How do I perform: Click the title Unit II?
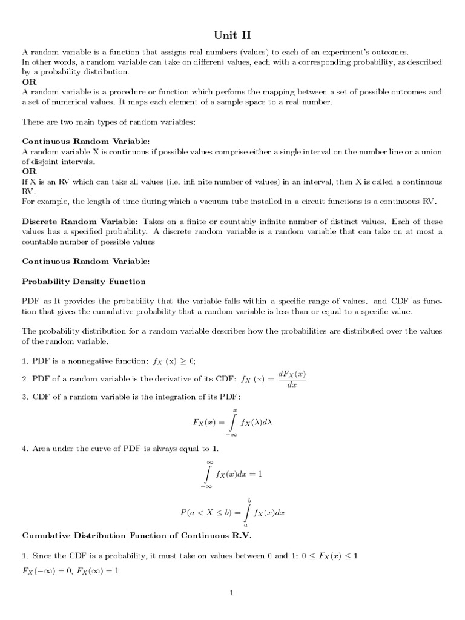tap(232, 35)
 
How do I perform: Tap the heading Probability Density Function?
tap(84, 282)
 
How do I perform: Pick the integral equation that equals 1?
tap(232, 474)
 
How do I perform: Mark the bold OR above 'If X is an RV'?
tap(29, 171)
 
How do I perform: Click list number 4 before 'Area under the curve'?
tap(25, 449)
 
